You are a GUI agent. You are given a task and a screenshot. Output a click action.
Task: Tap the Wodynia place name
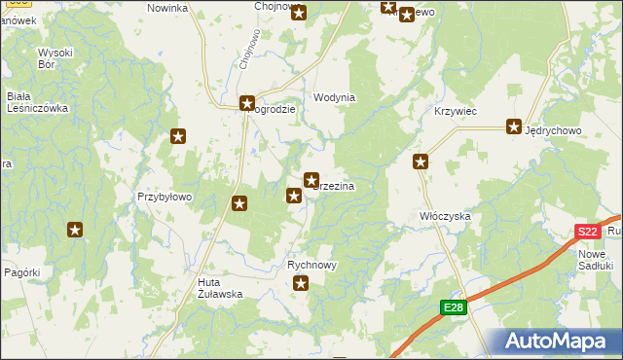(334, 98)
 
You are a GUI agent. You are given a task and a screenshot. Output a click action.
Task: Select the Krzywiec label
(455, 112)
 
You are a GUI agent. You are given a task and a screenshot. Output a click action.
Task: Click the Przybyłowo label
(165, 196)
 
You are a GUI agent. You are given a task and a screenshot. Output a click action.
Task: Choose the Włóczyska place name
(445, 215)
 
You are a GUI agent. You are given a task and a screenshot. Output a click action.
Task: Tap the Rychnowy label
(311, 265)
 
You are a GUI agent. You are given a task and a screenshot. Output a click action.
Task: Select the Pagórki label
(23, 273)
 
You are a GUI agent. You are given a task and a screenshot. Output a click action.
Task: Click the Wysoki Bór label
(55, 58)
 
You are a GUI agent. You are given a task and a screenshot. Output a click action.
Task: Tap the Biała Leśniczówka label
(37, 102)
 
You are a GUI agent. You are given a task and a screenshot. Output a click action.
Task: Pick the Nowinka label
(166, 8)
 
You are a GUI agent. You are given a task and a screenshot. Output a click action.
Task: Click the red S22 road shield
(586, 232)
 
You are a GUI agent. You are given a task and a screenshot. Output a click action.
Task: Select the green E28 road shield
(453, 307)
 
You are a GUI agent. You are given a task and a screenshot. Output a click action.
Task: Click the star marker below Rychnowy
(301, 283)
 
